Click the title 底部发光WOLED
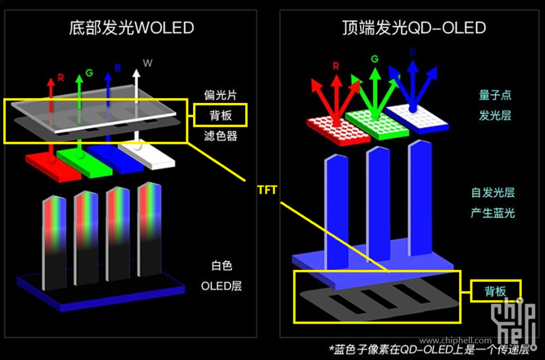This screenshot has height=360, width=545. point(131,27)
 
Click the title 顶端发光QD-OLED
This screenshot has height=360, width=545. point(414,27)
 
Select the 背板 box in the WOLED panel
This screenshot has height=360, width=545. point(220,115)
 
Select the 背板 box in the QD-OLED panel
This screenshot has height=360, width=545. point(496,291)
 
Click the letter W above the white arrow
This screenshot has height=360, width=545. point(147,63)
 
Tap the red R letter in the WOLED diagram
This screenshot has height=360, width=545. point(61,78)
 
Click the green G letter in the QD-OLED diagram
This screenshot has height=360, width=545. point(374,59)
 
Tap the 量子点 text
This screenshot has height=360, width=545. point(494,95)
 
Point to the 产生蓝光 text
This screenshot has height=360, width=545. point(493,213)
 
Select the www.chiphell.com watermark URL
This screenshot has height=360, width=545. point(455,341)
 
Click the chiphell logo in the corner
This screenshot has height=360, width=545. point(517,323)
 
